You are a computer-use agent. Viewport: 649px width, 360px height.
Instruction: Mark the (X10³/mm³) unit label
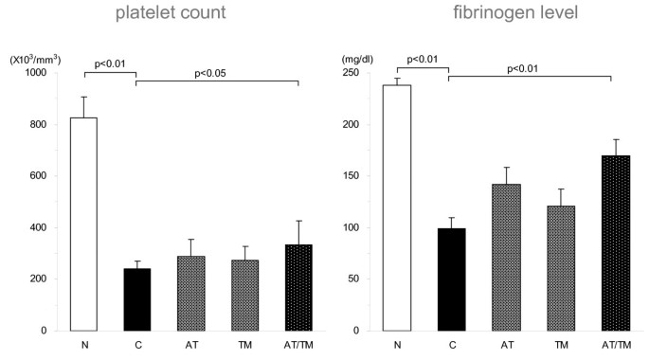36,57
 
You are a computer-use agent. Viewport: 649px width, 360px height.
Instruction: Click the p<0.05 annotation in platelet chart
218,70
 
